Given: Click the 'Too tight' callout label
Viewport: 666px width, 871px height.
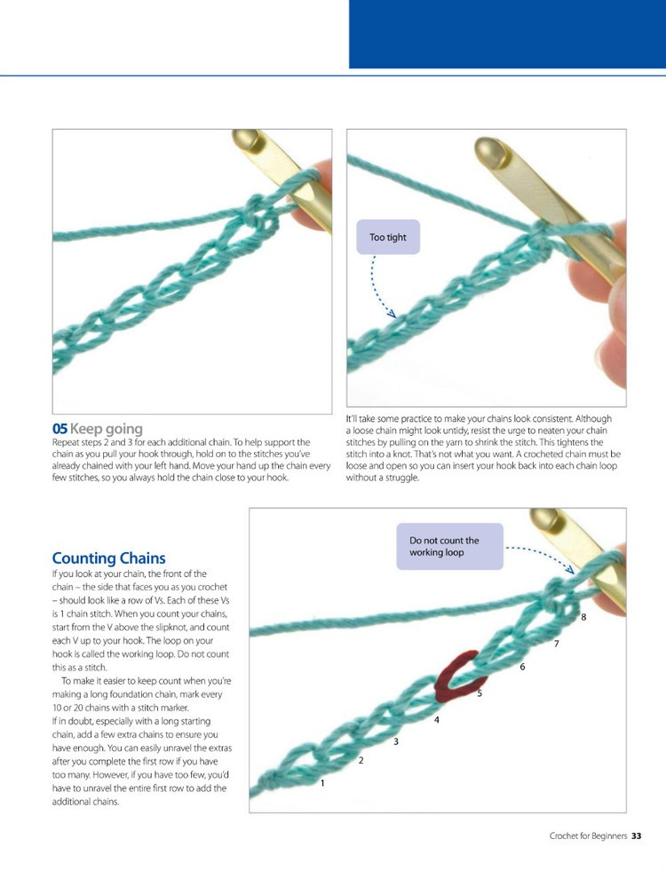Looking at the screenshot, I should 387,237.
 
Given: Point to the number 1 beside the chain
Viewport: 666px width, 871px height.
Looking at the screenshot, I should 322,783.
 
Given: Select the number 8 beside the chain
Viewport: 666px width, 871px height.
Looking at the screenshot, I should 583,616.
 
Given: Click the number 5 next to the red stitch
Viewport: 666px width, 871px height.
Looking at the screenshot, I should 480,693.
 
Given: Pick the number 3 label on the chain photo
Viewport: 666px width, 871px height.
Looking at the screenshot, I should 395,740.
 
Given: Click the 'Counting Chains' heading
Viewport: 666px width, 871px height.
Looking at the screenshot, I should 108,558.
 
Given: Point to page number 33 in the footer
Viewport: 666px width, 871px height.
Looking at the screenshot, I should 637,835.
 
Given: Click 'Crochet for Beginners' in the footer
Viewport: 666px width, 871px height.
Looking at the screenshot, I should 588,835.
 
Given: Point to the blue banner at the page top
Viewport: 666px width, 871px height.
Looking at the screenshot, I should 507,34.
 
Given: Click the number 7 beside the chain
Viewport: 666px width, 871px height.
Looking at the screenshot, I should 556,644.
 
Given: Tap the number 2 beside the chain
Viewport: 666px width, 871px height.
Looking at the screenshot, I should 361,761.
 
